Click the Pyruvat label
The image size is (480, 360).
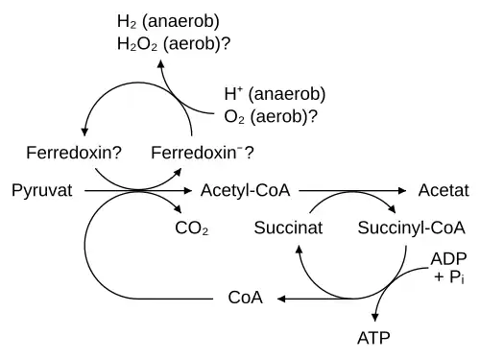pos(42,191)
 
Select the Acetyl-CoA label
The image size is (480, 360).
pos(245,191)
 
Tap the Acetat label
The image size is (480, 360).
pos(444,191)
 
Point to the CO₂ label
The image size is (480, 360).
pos(192,228)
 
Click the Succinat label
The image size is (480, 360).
pos(288,228)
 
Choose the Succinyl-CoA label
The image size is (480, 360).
pos(411,229)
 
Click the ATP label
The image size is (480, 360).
pos(373,338)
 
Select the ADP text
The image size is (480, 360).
pos(448,259)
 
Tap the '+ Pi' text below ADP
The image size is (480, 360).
pos(449,277)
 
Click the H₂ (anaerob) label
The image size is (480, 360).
pos(168,22)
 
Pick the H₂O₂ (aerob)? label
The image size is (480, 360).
pos(174,44)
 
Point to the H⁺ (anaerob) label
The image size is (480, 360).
pos(275,94)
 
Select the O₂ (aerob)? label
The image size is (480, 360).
pos(271,116)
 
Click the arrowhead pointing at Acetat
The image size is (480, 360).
pos(402,191)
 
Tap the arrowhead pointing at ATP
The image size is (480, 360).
pos(375,317)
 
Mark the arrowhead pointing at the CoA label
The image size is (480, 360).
pos(281,300)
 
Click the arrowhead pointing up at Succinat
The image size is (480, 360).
pos(299,250)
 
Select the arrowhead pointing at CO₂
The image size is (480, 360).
pos(178,209)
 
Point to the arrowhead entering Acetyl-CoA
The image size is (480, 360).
pos(187,191)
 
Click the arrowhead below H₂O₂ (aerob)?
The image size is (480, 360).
pos(161,63)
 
